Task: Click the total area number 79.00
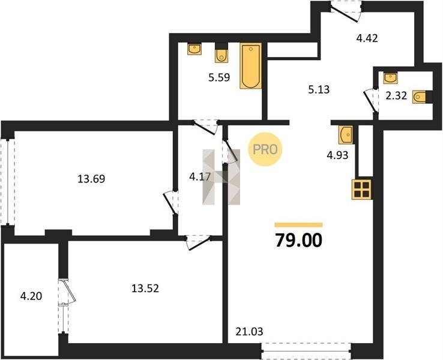pos(298,240)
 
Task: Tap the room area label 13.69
pos(91,179)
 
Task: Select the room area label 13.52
pos(145,288)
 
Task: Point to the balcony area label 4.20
pos(31,296)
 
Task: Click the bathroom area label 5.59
pos(219,77)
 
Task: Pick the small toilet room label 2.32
pos(396,96)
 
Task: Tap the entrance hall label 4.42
pos(367,38)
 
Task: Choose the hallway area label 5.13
pos(319,89)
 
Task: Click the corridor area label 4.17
pos(200,177)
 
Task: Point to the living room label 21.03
pos(249,331)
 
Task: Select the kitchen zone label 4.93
pos(337,155)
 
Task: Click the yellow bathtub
pos(250,66)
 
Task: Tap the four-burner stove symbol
pos(361,189)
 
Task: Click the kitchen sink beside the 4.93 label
pos(346,135)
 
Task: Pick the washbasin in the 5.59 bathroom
pos(194,49)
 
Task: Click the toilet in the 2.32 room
pos(419,97)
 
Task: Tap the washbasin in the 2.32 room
pos(390,78)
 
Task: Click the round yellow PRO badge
pos(265,149)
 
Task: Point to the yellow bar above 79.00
pos(298,225)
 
